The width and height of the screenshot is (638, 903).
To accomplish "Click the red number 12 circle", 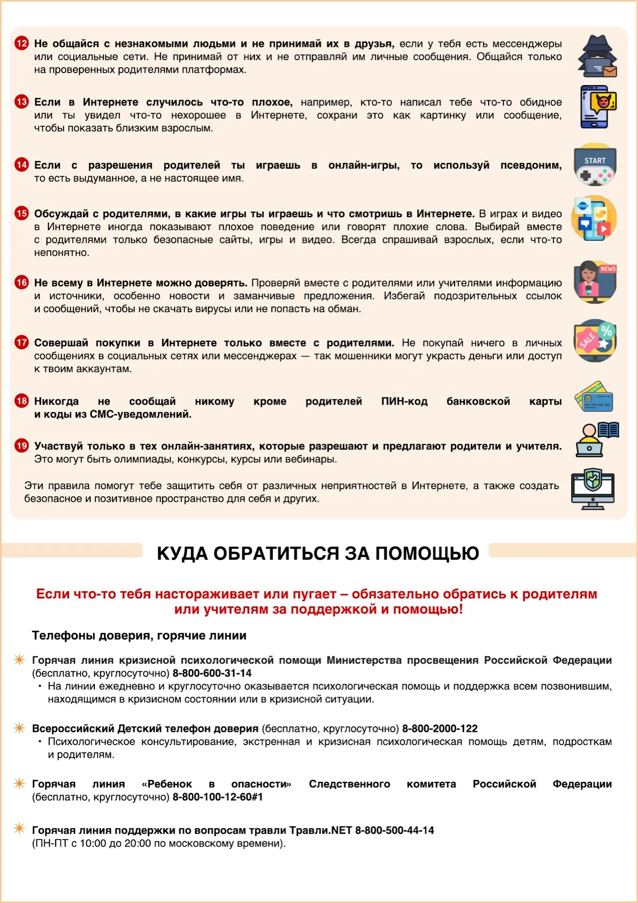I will tap(22, 44).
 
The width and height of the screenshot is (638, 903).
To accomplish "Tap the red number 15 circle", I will tap(22, 214).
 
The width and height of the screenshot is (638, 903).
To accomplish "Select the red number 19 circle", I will tap(22, 446).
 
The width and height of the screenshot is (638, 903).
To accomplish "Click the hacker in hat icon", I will tap(596, 56).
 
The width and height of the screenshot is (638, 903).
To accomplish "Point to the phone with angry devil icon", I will tap(597, 107).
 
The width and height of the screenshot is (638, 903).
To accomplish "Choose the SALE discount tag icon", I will tap(595, 341).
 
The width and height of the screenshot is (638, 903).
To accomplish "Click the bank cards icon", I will tap(594, 397).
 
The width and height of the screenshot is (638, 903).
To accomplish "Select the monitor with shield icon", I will tap(593, 489).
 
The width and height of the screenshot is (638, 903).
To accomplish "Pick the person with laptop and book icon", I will tap(596, 439).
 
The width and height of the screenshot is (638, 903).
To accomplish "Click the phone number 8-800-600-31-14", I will tap(212, 673).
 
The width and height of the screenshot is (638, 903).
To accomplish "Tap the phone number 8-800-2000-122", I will tap(440, 729).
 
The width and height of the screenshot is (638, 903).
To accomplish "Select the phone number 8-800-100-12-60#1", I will tap(218, 797).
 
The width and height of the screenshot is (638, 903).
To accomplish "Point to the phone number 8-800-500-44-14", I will tap(394, 830).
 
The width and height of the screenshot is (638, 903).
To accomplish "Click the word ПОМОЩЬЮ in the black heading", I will tap(427, 554).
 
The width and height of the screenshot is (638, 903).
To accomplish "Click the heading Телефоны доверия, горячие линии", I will tap(139, 635).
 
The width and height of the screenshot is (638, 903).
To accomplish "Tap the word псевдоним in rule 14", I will tap(531, 165).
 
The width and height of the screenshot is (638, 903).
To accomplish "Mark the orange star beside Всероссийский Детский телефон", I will tap(19, 728).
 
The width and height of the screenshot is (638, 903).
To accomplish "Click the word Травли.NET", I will tap(320, 830).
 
